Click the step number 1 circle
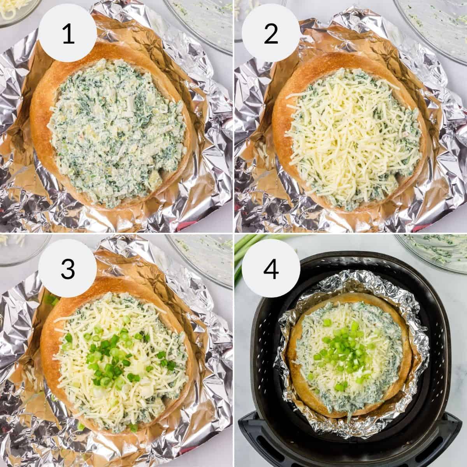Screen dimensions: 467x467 click(x=68, y=34)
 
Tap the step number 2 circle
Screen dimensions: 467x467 click(x=271, y=34)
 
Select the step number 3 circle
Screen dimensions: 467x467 click(x=68, y=268)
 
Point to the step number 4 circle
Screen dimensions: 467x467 click(x=271, y=268)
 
